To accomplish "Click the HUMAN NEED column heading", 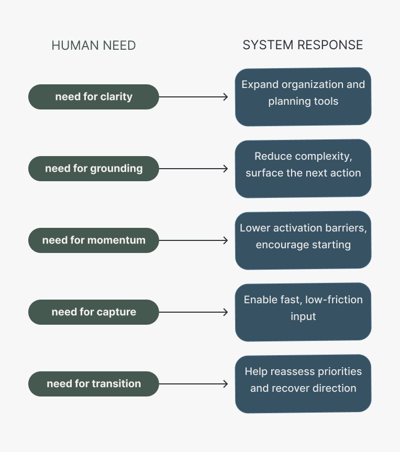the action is click(x=94, y=46).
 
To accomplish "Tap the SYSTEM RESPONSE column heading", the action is click(x=303, y=45).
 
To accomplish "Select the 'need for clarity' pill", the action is click(x=94, y=97).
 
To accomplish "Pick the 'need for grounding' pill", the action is click(x=94, y=169).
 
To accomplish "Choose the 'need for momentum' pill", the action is click(x=94, y=240).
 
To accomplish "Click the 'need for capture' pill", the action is click(x=94, y=312).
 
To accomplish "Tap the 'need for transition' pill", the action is click(x=94, y=384).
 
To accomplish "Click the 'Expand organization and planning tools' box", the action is click(x=303, y=97).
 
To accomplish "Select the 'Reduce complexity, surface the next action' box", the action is click(x=303, y=169).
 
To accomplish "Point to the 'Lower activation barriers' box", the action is click(x=303, y=240).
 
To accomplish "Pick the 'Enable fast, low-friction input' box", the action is click(x=303, y=312).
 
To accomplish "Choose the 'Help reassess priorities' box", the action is click(x=303, y=384).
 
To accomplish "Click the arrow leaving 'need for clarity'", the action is click(x=193, y=97).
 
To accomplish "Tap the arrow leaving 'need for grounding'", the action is click(x=193, y=169).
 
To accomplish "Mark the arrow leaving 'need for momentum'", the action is click(x=193, y=240).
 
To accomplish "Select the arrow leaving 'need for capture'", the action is click(x=193, y=312).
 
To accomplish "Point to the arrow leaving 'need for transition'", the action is click(x=193, y=384).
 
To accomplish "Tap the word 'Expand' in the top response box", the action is click(x=260, y=85).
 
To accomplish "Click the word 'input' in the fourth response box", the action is click(x=303, y=317).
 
